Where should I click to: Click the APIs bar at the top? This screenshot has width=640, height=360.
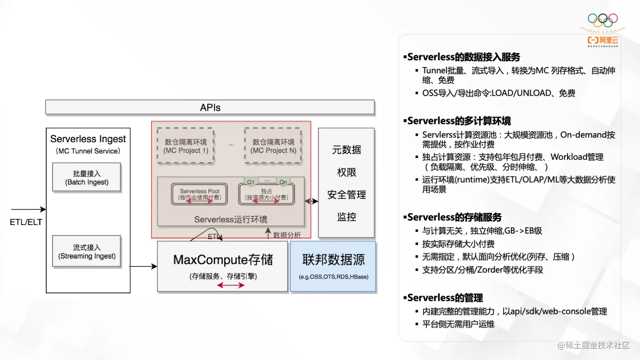click(x=210, y=107)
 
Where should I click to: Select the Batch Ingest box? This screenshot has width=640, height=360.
click(x=87, y=178)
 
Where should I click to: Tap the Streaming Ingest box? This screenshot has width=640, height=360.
click(x=87, y=252)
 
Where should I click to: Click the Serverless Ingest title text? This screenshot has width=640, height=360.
click(x=88, y=139)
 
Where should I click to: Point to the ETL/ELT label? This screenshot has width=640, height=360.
click(x=26, y=222)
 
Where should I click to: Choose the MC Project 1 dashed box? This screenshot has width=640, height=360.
click(x=185, y=146)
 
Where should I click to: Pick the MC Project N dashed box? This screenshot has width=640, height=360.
click(x=273, y=146)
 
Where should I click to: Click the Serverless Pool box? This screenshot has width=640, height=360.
click(x=199, y=194)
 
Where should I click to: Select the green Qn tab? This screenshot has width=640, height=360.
click(x=283, y=181)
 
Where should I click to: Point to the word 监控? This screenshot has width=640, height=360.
click(x=346, y=217)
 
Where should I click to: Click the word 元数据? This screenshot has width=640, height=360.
click(x=346, y=150)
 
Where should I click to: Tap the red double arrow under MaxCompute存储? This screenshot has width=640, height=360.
click(x=230, y=285)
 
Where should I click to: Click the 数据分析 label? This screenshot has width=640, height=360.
click(x=287, y=234)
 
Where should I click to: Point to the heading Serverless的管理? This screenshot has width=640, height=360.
click(x=444, y=298)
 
